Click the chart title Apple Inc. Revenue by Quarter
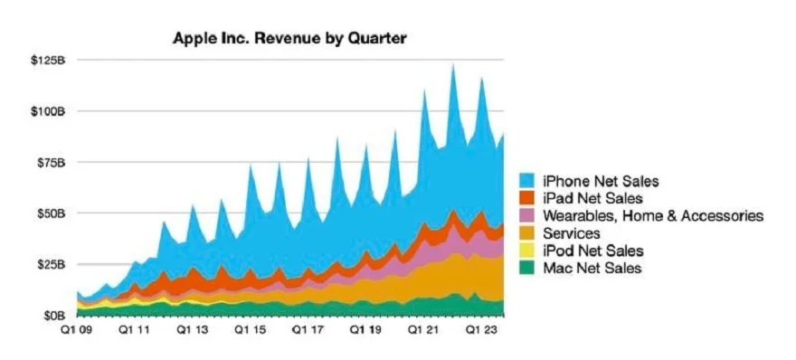pyautogui.click(x=289, y=40)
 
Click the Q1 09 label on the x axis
pyautogui.click(x=76, y=331)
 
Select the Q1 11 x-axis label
pyautogui.click(x=133, y=331)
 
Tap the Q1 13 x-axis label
pyautogui.click(x=192, y=331)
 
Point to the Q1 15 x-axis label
pyautogui.click(x=250, y=331)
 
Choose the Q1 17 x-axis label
pyautogui.click(x=308, y=331)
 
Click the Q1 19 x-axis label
pyautogui.click(x=366, y=331)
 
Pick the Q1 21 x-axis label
pyautogui.click(x=424, y=331)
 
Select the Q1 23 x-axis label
pyautogui.click(x=482, y=331)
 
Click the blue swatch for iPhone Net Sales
pyautogui.click(x=529, y=181)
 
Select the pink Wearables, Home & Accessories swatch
pyautogui.click(x=529, y=215)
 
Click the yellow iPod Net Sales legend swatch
pyautogui.click(x=529, y=251)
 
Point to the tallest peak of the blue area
pyautogui.click(x=453, y=64)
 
